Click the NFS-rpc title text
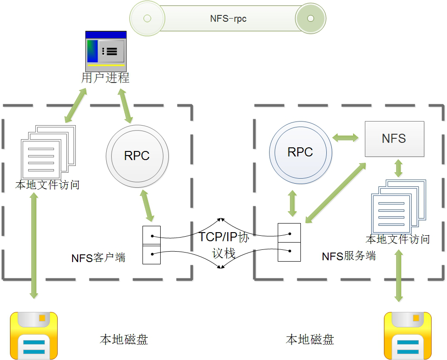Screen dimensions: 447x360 (228, 19)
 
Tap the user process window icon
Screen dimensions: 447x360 (106, 51)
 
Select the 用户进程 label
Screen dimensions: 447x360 (105, 78)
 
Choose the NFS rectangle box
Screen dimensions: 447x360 (394, 139)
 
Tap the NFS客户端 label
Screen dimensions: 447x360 (98, 258)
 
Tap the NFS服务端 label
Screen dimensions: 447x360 (349, 256)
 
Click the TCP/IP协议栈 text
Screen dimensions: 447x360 (224, 245)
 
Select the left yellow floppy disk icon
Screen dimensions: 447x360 (34, 336)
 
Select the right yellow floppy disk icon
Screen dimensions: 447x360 (408, 336)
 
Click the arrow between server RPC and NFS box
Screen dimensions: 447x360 (345, 137)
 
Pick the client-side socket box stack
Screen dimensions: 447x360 (152, 245)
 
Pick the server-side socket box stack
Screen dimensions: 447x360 (289, 242)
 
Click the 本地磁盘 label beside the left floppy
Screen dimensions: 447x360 (124, 340)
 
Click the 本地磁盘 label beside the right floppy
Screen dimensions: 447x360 (310, 340)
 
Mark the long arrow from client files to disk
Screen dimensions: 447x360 (34, 245)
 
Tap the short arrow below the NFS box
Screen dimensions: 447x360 (398, 168)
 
